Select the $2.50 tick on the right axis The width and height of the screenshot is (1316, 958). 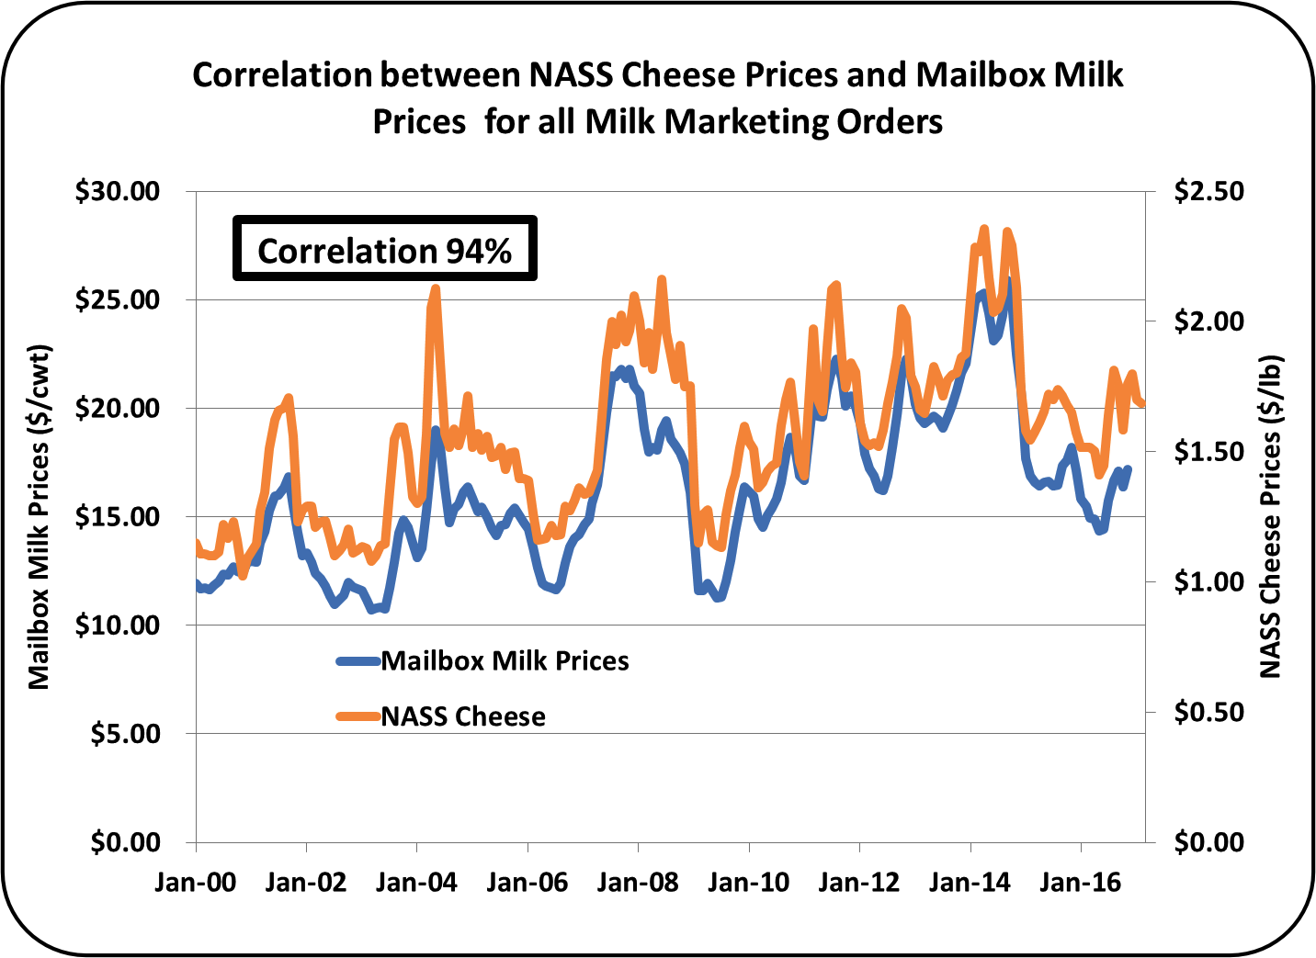tap(1208, 191)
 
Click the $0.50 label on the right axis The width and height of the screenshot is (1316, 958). tap(1208, 712)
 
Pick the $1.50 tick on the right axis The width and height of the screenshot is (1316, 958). tap(1208, 451)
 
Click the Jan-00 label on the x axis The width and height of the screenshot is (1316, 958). tap(195, 883)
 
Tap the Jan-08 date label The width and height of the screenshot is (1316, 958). tap(637, 883)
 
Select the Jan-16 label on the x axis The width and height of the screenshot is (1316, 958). tap(1080, 883)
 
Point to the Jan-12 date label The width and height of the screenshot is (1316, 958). tap(858, 883)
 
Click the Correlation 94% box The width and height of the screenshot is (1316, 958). tap(384, 249)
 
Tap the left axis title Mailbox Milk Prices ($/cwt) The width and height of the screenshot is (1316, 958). tap(38, 517)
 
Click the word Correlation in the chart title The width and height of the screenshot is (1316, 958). tap(283, 74)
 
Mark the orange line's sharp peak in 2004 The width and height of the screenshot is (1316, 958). tap(436, 288)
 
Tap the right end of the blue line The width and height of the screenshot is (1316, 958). tap(1128, 469)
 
